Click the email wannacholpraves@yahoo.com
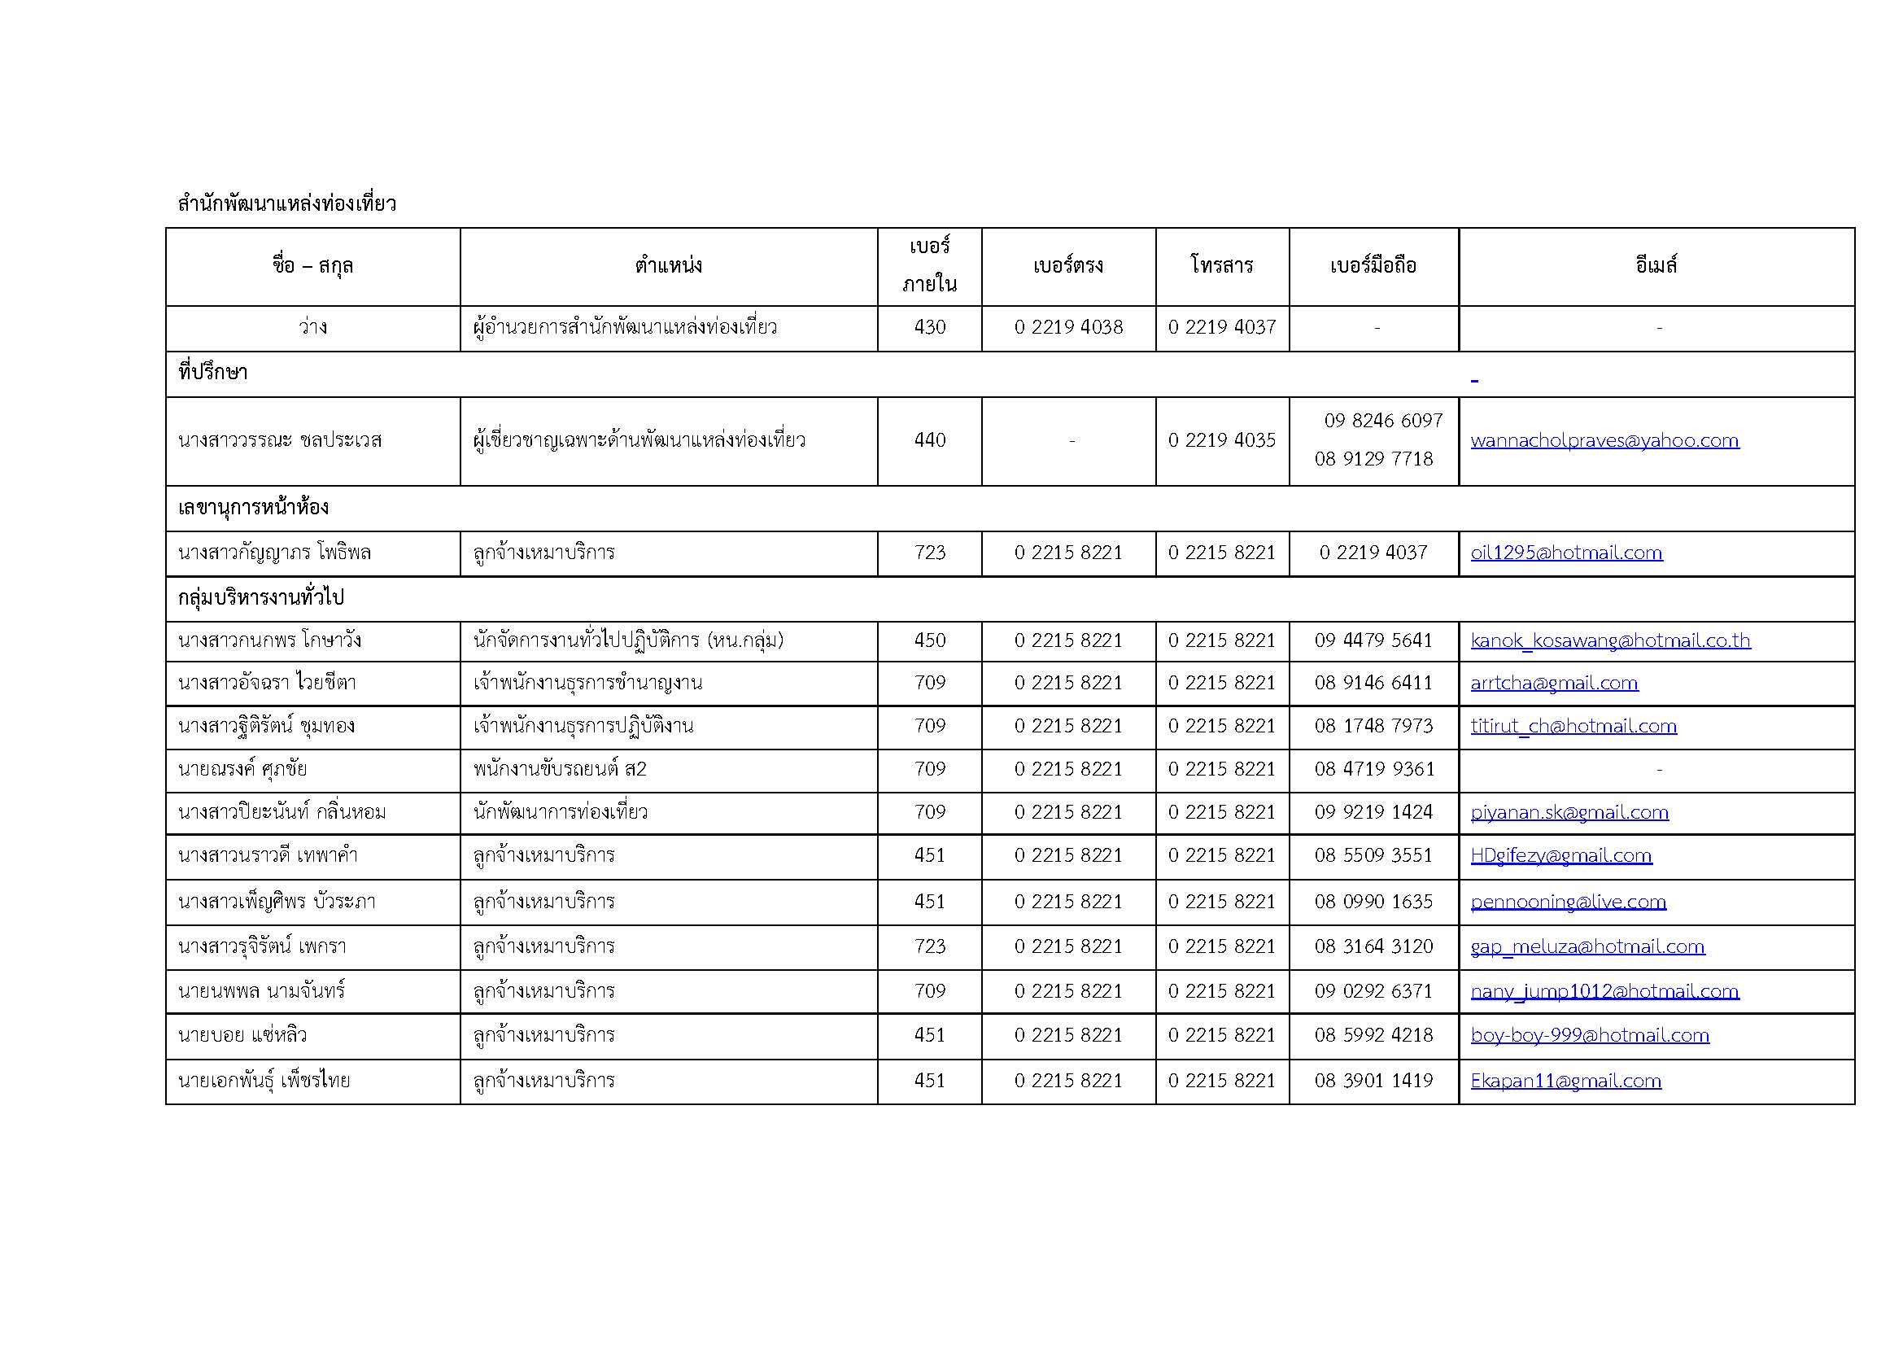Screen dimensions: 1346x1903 1604,441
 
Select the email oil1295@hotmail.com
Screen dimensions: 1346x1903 1565,553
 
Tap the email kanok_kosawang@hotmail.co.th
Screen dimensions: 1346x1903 1609,640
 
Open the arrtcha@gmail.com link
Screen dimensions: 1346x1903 1553,683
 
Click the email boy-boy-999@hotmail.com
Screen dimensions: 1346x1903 1589,1035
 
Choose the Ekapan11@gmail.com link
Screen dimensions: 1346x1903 1565,1081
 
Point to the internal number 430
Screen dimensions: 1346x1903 929,327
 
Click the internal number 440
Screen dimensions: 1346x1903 929,440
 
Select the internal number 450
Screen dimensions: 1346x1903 929,640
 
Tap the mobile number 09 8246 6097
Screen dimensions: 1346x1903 1382,421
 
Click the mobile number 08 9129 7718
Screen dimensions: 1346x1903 1373,459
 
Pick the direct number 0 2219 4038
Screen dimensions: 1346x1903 1067,327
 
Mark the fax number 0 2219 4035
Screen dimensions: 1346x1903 1222,440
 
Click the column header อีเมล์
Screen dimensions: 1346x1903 1655,266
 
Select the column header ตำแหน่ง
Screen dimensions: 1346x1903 668,266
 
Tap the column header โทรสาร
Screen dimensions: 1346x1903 1222,266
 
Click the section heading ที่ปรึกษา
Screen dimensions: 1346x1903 213,373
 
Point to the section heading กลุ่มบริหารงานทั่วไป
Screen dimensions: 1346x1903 260,597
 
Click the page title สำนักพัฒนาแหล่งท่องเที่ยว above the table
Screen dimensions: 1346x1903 286,203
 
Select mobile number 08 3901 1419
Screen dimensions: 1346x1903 1373,1081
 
